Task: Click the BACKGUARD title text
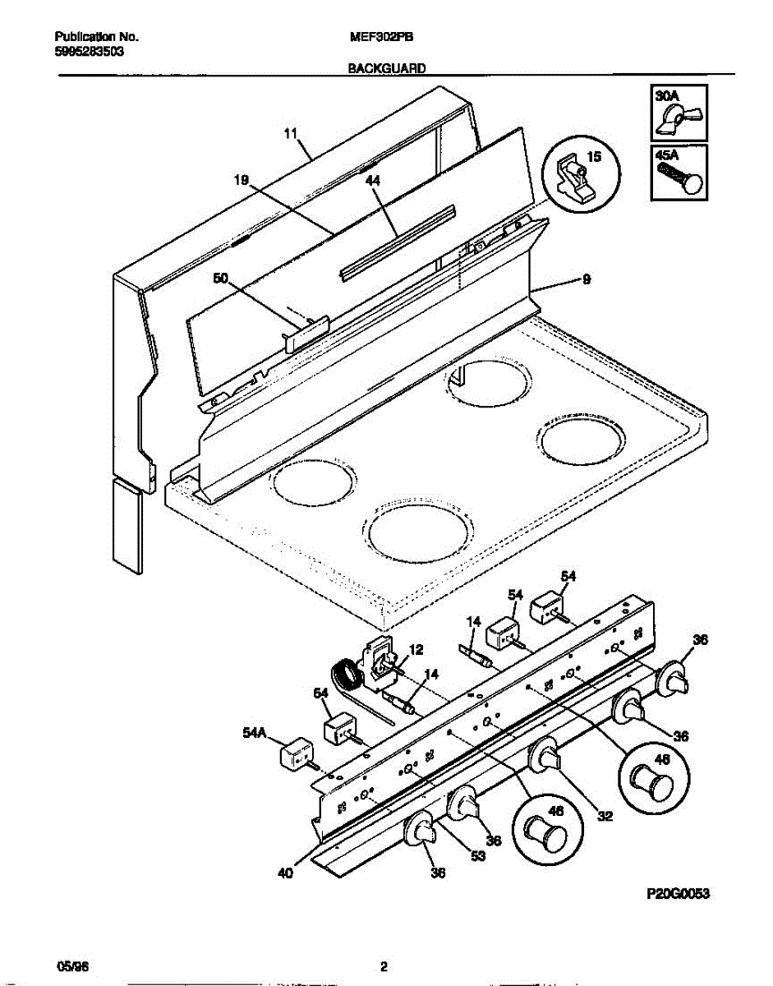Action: (x=386, y=70)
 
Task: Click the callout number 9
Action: (x=586, y=280)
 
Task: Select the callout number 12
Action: (x=416, y=649)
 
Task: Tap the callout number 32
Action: (x=604, y=817)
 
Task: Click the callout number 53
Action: (x=478, y=856)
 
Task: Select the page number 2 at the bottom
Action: (x=384, y=966)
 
